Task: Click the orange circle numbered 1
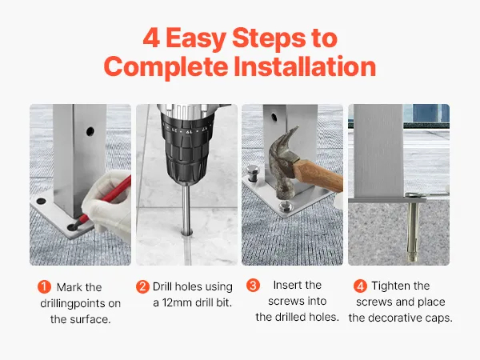pos(44,287)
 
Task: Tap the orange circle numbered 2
pos(142,286)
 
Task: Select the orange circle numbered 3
pos(253,285)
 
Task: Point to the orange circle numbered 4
pos(360,286)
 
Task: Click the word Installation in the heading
pos(305,66)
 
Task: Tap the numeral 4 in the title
pos(151,38)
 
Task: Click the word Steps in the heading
pos(269,39)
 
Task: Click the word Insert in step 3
pos(288,285)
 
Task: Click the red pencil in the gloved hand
pos(105,201)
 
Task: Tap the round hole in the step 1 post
pos(90,132)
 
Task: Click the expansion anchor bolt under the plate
pos(412,227)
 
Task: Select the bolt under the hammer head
pos(285,206)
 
